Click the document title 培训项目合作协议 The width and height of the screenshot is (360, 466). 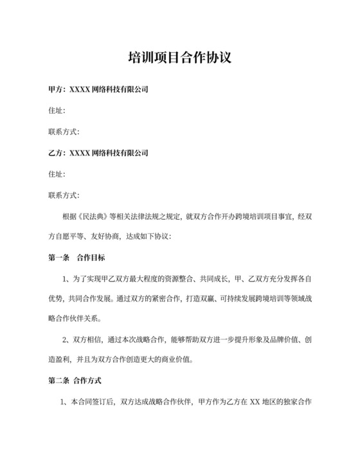click(179, 58)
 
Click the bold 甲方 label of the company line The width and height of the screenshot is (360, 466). click(56, 89)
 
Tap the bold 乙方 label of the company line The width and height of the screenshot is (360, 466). click(56, 154)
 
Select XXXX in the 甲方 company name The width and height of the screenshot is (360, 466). click(80, 89)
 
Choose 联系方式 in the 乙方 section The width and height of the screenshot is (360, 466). click(63, 195)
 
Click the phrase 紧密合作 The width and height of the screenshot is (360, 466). click(168, 299)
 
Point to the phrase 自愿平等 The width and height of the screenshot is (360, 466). click(78, 237)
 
